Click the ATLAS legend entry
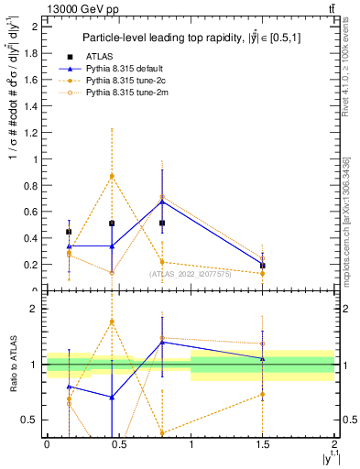pyautogui.click(x=97, y=56)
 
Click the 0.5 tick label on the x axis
pyautogui.click(x=118, y=444)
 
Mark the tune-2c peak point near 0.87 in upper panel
pyautogui.click(x=112, y=176)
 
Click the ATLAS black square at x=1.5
pyautogui.click(x=263, y=266)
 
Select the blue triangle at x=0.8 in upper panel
pyautogui.click(x=162, y=202)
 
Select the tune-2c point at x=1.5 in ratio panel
pyautogui.click(x=263, y=395)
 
